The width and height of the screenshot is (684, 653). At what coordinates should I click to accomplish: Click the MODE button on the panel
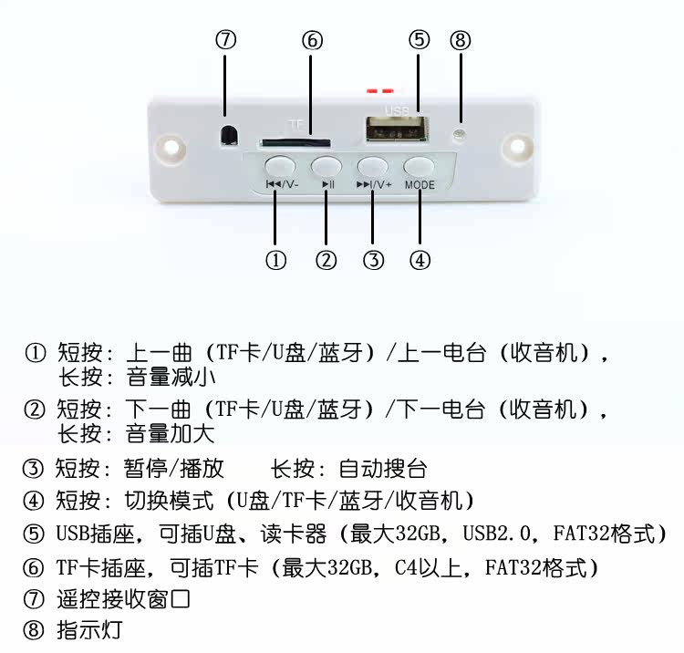419,166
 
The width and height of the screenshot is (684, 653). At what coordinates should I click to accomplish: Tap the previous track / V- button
280,166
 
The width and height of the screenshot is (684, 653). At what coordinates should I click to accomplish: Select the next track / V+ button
372,166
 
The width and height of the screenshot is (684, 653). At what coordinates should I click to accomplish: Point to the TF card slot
295,142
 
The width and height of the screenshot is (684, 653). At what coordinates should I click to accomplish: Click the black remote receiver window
228,134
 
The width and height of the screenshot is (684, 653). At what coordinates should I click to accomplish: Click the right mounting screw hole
519,146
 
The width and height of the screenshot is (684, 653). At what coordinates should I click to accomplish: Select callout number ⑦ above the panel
226,40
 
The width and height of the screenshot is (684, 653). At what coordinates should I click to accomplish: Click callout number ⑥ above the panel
312,41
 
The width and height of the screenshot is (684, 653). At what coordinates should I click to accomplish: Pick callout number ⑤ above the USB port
419,40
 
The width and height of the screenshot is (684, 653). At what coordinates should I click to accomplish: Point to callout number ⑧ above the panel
461,40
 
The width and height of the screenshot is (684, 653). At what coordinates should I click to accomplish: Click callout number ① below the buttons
276,260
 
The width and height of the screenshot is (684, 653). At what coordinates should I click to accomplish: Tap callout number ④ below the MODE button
420,260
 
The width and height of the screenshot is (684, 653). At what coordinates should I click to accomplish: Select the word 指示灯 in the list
89,630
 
